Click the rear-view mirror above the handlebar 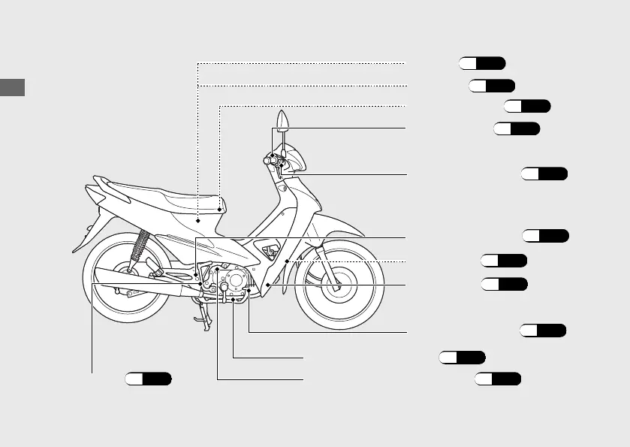tap(282, 120)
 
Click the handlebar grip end tap(268, 159)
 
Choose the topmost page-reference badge tap(483, 62)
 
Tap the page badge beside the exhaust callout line tap(148, 379)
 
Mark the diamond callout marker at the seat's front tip tap(220, 208)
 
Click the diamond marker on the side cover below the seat tap(198, 222)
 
